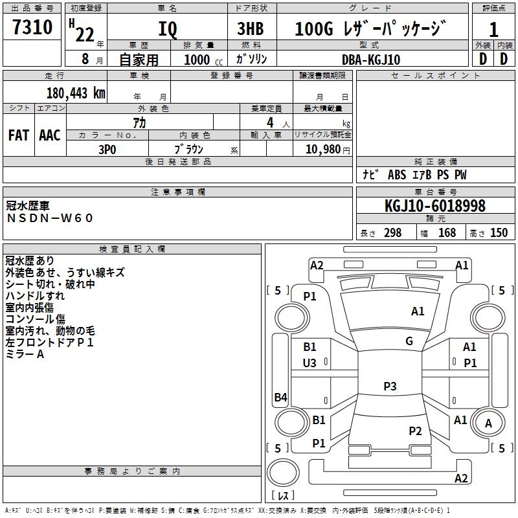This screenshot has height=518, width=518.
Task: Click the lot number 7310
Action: point(32,28)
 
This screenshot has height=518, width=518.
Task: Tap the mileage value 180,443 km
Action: point(76,93)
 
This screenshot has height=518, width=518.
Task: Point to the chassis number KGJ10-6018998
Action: point(434,206)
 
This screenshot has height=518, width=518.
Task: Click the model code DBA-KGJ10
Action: point(371,60)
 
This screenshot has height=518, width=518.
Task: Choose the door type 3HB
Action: point(250,30)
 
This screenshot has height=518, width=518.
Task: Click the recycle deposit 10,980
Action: point(324,149)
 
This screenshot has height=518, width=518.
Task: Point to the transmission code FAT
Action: point(19,135)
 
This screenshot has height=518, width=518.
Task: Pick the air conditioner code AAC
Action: point(49,135)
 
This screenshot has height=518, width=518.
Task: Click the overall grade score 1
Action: point(493,30)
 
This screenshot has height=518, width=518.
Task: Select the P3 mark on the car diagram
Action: point(390,387)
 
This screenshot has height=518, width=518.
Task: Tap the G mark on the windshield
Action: point(409,341)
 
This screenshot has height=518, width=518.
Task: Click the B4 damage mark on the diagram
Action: point(280,398)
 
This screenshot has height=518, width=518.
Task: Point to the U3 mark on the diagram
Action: point(310,363)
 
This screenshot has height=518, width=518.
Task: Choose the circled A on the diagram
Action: point(488,423)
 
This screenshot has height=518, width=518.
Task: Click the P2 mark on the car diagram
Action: point(415,431)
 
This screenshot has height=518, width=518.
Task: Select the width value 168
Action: point(447,233)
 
